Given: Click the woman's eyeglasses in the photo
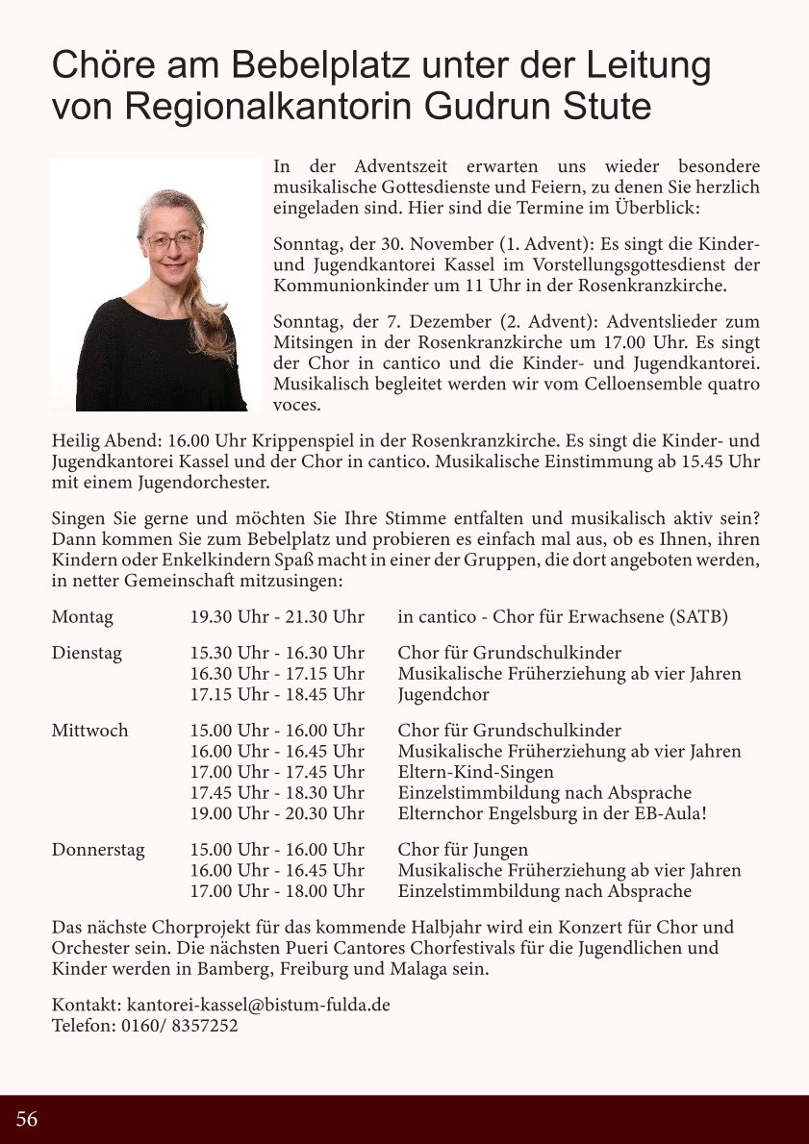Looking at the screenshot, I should [x=170, y=240].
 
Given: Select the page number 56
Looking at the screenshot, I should [x=27, y=1119].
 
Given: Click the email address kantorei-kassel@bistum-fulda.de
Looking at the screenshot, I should [x=258, y=1005].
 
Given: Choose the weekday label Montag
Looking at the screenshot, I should [x=82, y=617].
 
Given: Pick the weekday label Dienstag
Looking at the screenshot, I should [x=87, y=654].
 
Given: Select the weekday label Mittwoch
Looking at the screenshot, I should [x=89, y=731].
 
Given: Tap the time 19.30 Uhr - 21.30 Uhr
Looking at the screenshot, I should [x=277, y=617].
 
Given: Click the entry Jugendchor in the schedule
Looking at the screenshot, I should [x=443, y=694].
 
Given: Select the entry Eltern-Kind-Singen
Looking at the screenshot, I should [x=475, y=772].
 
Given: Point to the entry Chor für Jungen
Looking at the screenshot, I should [x=463, y=850].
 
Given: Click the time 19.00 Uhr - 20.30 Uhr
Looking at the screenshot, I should [x=277, y=813].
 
